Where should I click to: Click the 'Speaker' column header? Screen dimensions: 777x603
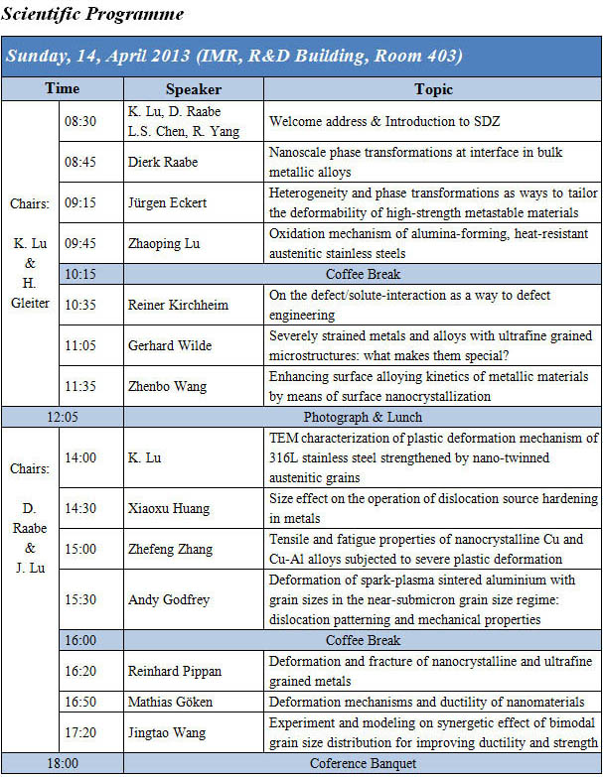[x=194, y=89]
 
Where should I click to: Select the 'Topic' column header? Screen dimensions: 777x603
[x=433, y=89]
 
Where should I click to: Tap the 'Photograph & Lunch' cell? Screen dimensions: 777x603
[x=362, y=418]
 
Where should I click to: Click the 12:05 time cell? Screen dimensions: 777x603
[x=62, y=418]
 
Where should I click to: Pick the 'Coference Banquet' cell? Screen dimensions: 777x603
[x=362, y=764]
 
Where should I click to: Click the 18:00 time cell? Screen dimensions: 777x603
[x=62, y=764]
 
